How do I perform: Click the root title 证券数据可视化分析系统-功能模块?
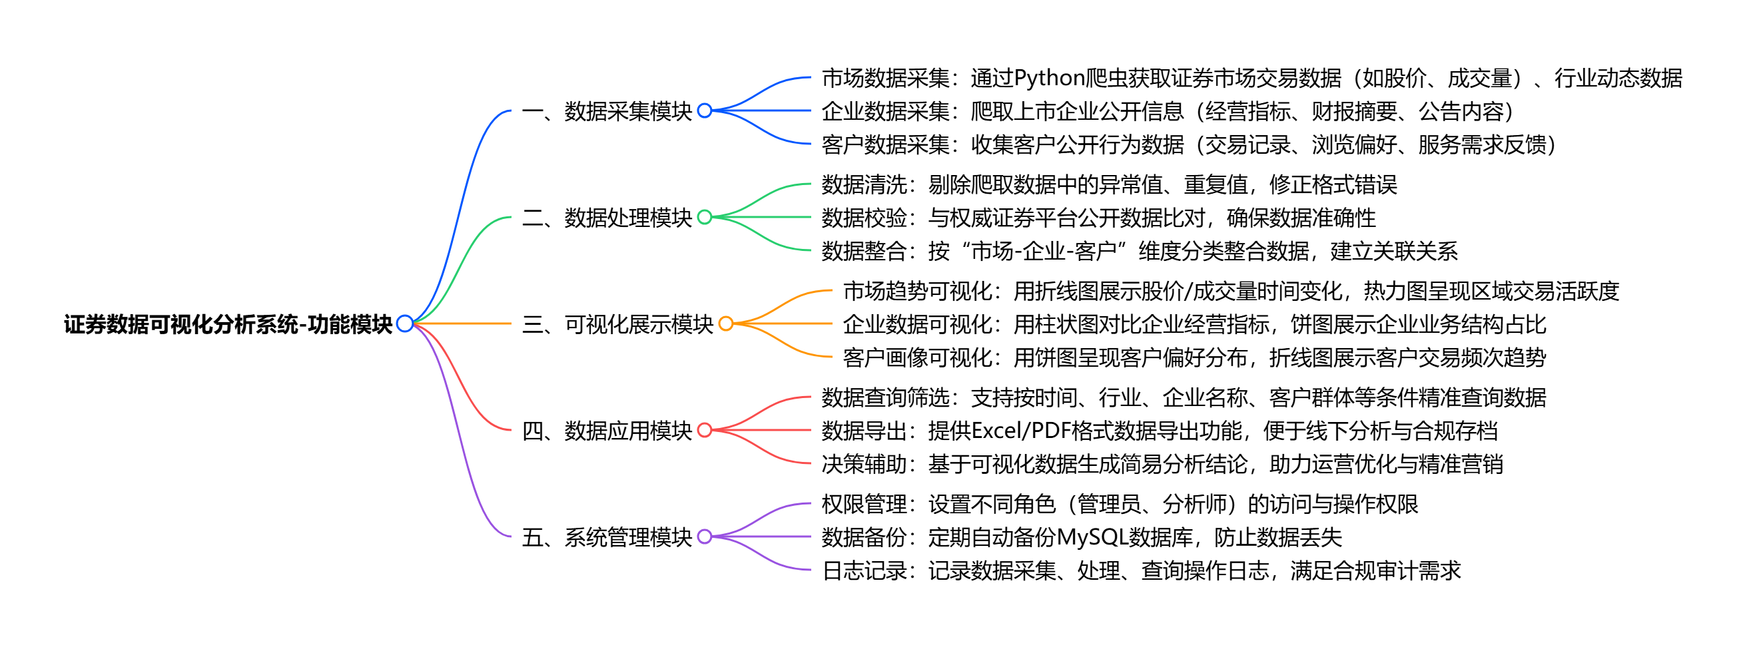(228, 325)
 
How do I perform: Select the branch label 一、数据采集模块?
(606, 111)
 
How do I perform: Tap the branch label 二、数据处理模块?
(606, 218)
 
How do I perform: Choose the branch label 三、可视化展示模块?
(617, 325)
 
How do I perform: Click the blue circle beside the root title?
(405, 324)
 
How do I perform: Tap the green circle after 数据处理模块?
(705, 217)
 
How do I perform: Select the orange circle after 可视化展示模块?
(726, 324)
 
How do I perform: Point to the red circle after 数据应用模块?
(705, 431)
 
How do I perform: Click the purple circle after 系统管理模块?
(705, 537)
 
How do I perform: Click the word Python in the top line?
(1049, 79)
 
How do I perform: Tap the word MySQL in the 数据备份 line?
(1092, 538)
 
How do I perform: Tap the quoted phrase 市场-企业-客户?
(1044, 252)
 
